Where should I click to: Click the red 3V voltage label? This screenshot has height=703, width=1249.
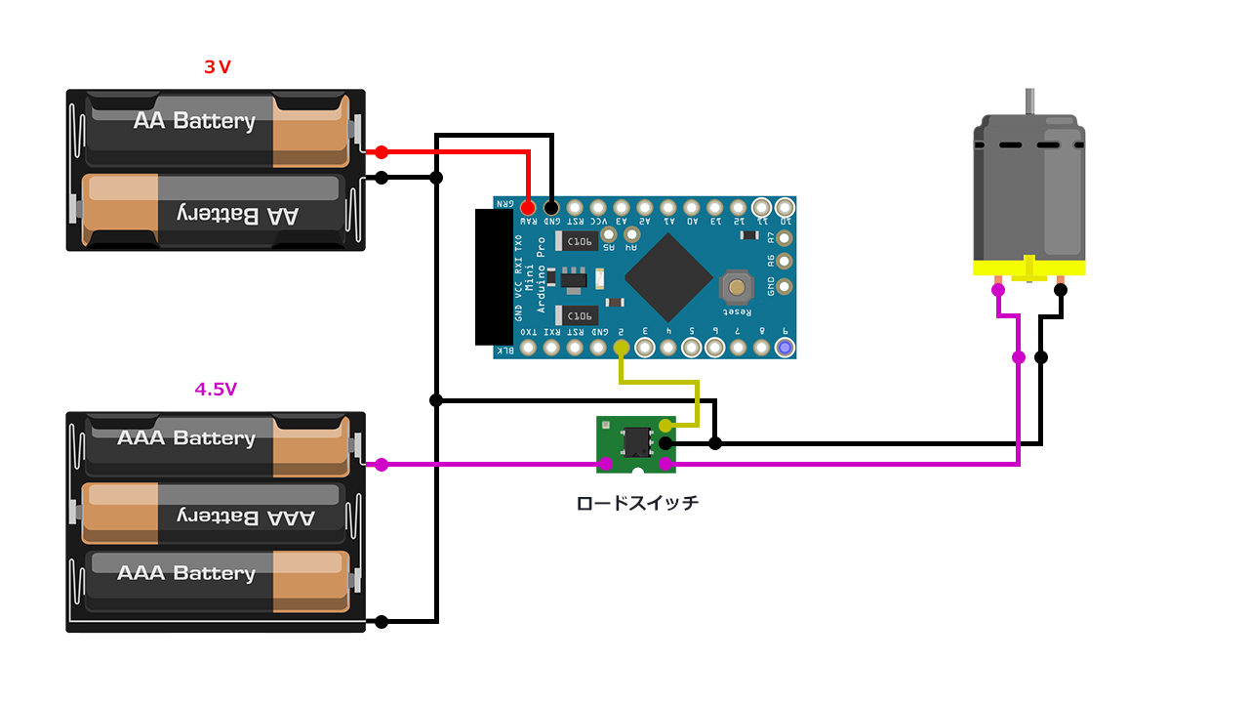[x=217, y=67]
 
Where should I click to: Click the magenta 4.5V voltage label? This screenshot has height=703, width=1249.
[x=216, y=389]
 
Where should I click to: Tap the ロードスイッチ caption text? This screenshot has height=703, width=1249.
[x=637, y=504]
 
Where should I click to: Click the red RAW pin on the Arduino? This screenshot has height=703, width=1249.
[x=528, y=207]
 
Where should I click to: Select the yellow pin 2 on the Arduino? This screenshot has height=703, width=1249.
[x=622, y=347]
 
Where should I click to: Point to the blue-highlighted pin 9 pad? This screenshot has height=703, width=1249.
[x=784, y=347]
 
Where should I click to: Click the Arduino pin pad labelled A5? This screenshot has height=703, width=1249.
[x=609, y=234]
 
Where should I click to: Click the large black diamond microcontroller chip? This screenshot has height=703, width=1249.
[x=668, y=277]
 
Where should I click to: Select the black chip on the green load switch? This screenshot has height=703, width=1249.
[x=637, y=440]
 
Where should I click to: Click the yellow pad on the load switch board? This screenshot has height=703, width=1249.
[x=665, y=426]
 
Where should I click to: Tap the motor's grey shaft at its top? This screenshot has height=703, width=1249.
[x=1029, y=102]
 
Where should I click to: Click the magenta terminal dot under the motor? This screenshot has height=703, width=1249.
[x=997, y=289]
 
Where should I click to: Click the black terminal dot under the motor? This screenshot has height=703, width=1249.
[x=1061, y=289]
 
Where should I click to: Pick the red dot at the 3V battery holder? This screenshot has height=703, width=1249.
[x=382, y=152]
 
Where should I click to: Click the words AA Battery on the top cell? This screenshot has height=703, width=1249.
[x=194, y=121]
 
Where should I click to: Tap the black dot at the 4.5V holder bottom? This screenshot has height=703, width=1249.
[x=382, y=622]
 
